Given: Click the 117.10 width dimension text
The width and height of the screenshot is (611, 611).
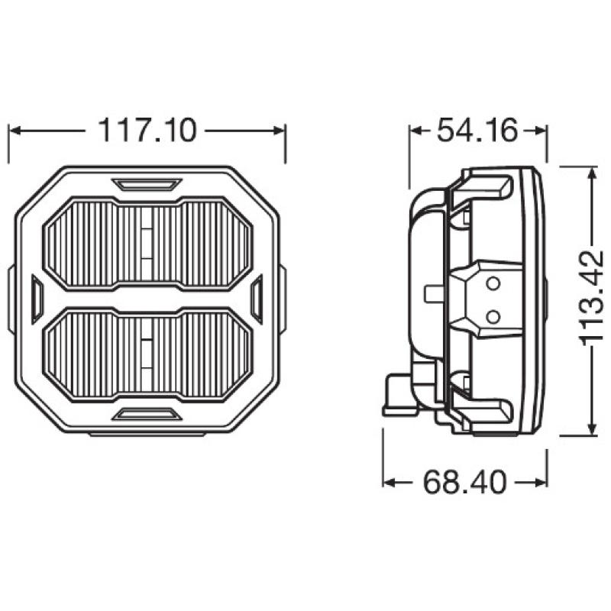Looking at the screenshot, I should pyautogui.click(x=147, y=131).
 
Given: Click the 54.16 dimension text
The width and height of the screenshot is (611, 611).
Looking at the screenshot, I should pyautogui.click(x=478, y=131).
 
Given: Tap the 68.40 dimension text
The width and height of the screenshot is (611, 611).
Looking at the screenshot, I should pyautogui.click(x=466, y=483).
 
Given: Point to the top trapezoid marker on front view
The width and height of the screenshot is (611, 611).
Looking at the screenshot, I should pyautogui.click(x=147, y=184).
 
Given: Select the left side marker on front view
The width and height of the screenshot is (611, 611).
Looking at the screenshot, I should pyautogui.click(x=35, y=299).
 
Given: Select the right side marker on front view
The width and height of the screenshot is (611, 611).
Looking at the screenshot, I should pyautogui.click(x=257, y=299).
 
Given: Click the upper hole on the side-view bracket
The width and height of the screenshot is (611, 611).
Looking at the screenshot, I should pyautogui.click(x=493, y=285).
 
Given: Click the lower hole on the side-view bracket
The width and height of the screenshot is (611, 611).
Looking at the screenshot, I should pyautogui.click(x=493, y=315).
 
